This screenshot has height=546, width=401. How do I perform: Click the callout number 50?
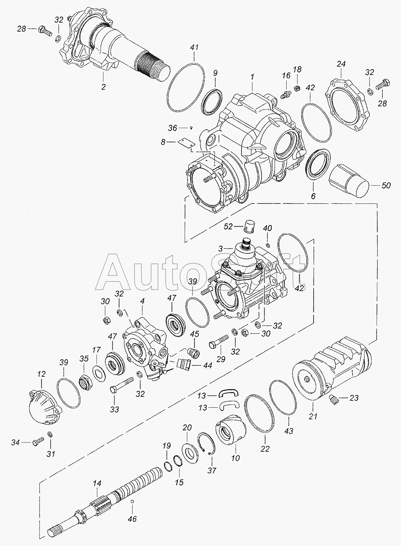[386, 186]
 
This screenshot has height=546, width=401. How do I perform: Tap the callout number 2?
[103, 87]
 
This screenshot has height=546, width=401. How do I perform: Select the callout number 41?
[194, 47]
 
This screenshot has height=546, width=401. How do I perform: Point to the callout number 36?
[172, 128]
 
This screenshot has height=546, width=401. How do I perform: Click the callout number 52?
[228, 226]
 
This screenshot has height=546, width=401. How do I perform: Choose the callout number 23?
[354, 398]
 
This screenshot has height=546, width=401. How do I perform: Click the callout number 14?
[97, 483]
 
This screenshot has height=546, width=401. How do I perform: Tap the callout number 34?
[15, 442]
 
